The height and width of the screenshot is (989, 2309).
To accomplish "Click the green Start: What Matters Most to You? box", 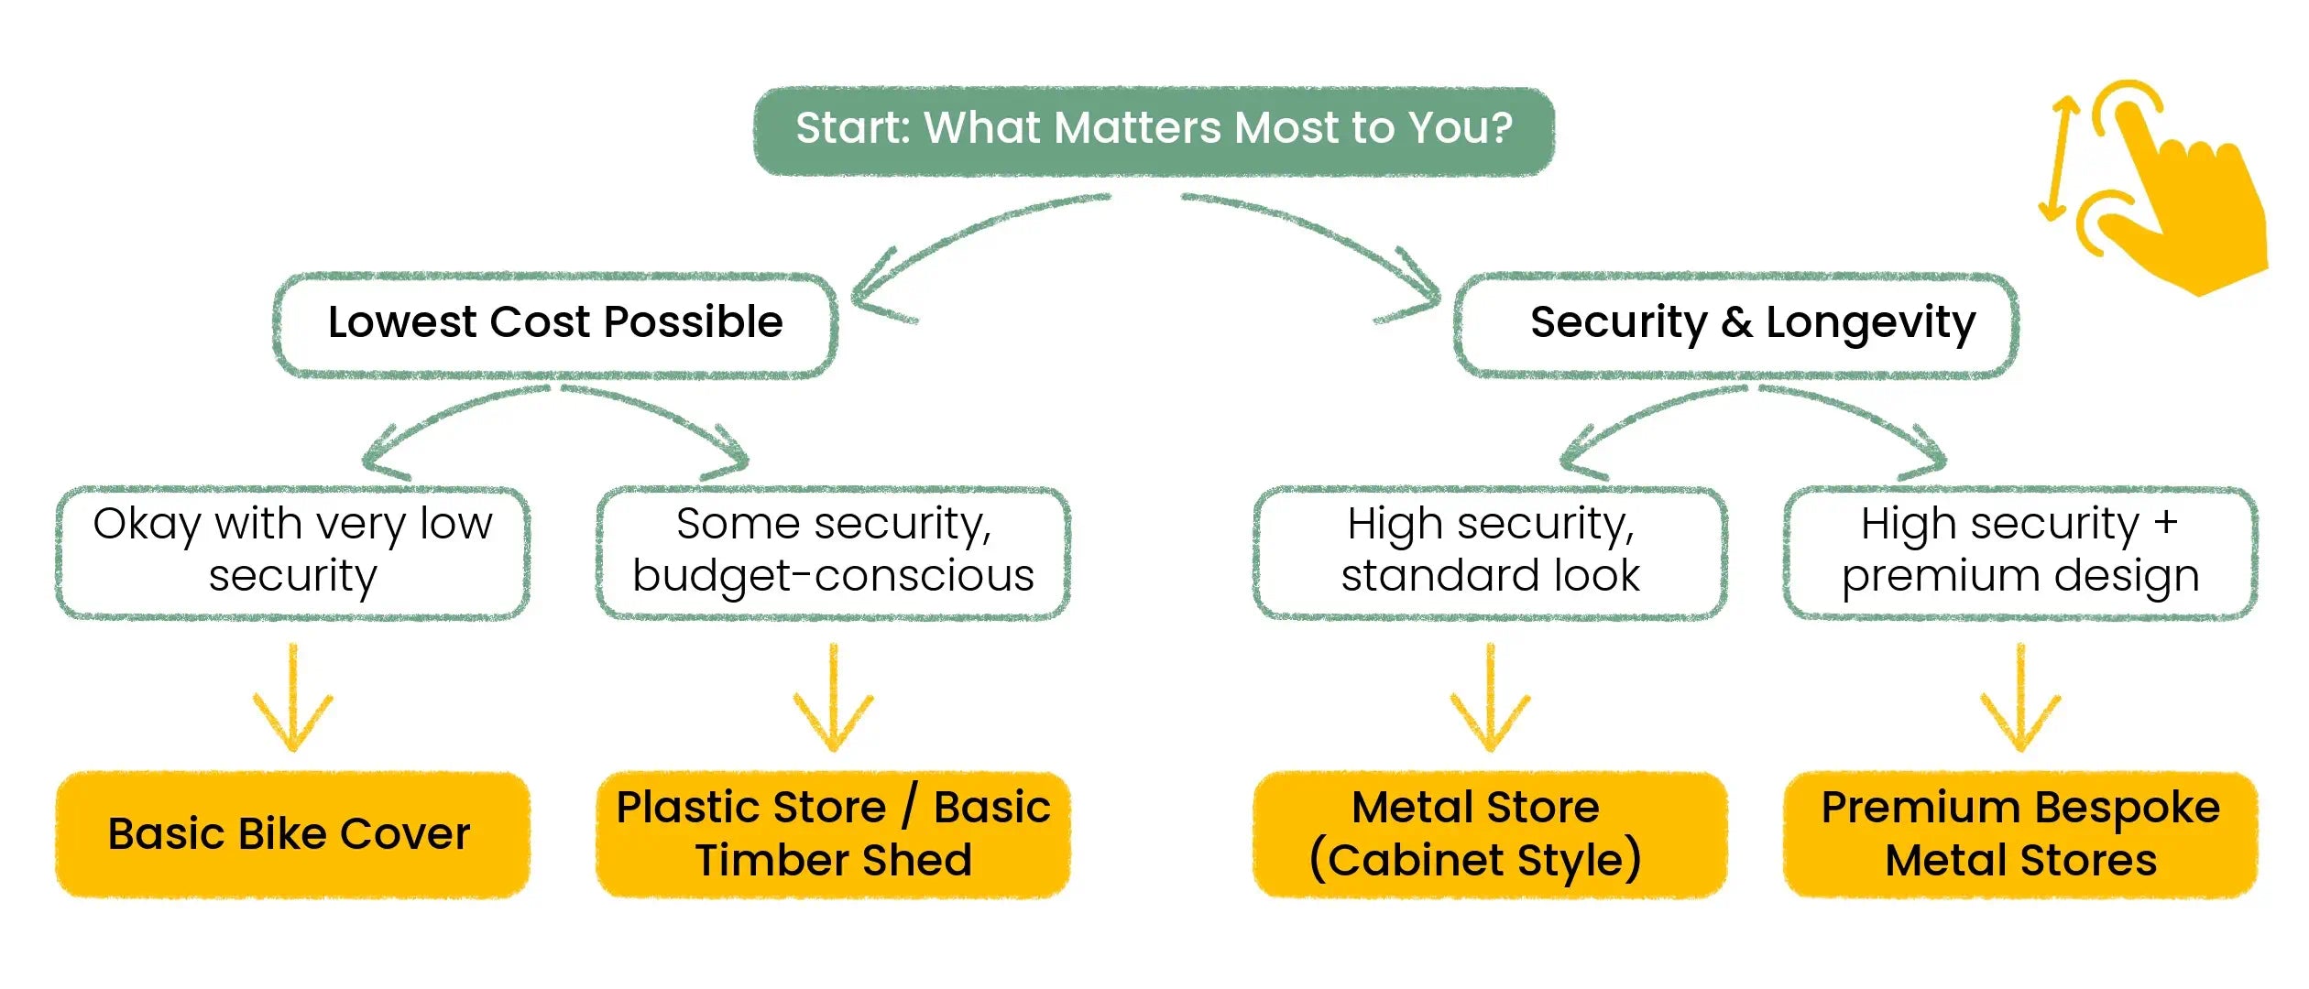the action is point(1154,131).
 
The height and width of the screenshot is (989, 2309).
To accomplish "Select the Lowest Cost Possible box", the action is point(555,325).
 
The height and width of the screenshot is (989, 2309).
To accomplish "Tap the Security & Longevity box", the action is point(1736,325).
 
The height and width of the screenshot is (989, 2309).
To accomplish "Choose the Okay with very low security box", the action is point(293,553).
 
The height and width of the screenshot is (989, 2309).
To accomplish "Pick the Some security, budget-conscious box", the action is point(833,553).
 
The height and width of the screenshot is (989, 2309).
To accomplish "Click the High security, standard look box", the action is point(1490,553).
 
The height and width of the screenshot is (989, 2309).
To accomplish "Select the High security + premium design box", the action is point(2020,553).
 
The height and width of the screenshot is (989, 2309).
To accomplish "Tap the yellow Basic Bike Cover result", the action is point(293,834).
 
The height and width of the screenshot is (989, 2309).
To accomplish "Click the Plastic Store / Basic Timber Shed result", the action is point(833,834).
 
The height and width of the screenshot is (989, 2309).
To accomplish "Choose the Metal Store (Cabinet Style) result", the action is point(1490,834).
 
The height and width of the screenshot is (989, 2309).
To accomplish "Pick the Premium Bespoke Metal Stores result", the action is point(2020,834).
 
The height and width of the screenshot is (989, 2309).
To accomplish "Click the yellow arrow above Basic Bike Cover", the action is point(293,698).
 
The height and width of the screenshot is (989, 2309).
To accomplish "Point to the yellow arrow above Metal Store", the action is point(1490,698).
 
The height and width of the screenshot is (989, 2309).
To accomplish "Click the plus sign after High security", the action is point(2165,522).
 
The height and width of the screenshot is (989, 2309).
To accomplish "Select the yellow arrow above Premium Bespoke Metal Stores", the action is point(2020,698).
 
